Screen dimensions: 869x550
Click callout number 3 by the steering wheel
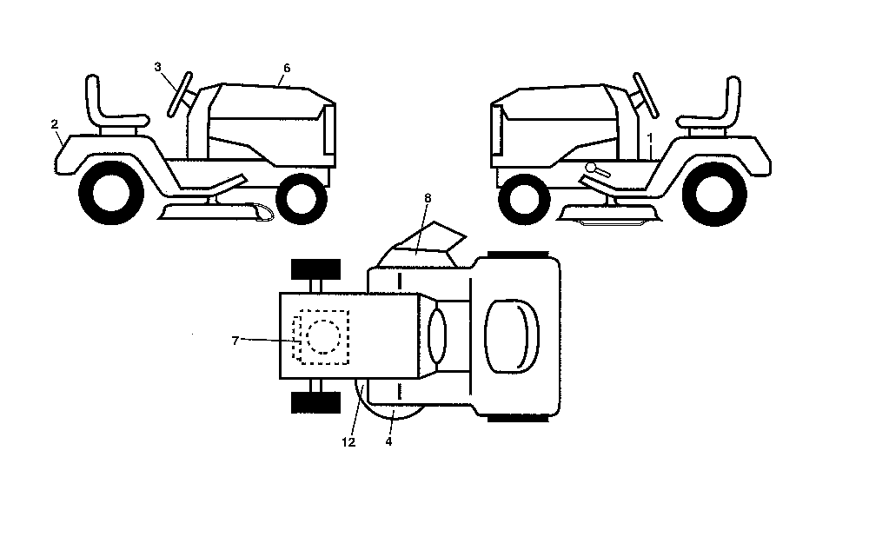click(x=157, y=67)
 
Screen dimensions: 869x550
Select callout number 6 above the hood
click(x=287, y=68)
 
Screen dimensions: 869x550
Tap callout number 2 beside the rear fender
click(x=54, y=124)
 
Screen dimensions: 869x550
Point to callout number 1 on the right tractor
click(x=650, y=136)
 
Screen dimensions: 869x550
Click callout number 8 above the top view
click(x=428, y=198)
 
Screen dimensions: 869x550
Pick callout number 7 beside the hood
click(x=235, y=341)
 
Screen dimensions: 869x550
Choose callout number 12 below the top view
click(x=348, y=442)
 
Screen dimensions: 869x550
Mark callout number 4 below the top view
click(x=388, y=441)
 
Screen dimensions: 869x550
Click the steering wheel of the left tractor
click(x=180, y=94)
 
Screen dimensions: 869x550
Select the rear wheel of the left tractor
click(x=111, y=193)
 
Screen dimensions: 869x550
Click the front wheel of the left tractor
click(x=301, y=199)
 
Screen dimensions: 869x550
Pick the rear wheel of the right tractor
click(x=714, y=194)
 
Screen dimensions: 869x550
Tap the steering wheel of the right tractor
click(x=647, y=96)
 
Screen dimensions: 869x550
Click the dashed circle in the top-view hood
click(x=323, y=336)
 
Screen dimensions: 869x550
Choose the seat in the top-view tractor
click(x=512, y=335)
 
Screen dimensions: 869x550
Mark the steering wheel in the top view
click(x=437, y=336)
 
